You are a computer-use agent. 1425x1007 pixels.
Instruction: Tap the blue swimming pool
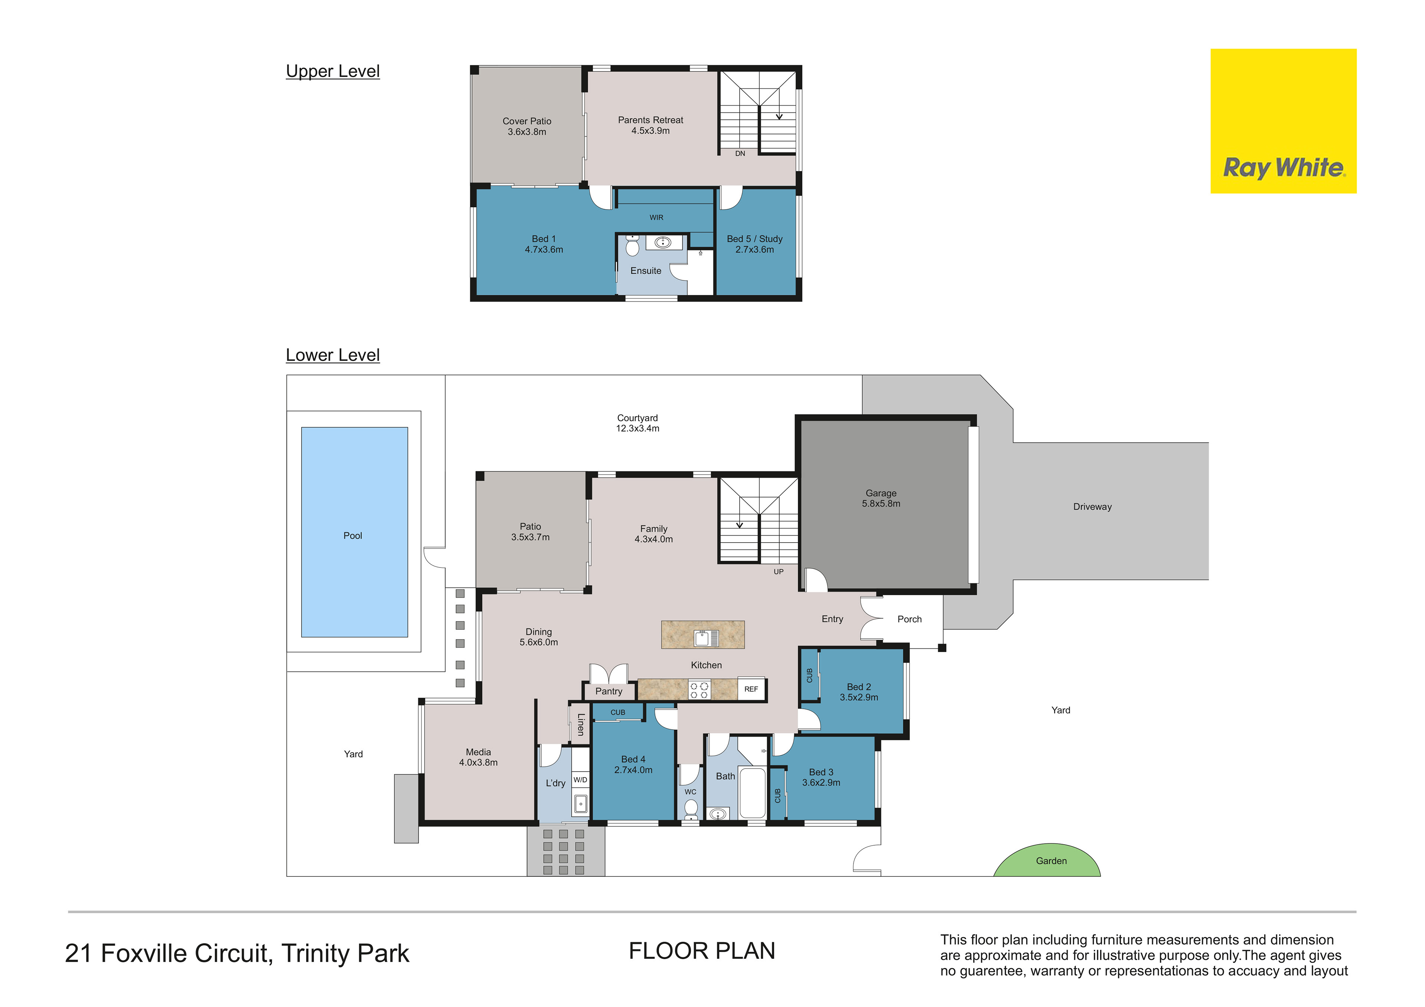[354, 532]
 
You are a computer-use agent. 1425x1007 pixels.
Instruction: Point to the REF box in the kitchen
[751, 689]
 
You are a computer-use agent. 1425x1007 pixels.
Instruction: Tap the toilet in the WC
[691, 809]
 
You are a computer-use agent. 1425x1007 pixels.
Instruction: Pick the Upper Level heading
[332, 71]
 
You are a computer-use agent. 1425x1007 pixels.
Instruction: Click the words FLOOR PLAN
[702, 951]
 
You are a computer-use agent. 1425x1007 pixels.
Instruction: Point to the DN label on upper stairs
[740, 153]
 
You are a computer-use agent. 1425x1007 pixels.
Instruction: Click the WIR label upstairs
[656, 217]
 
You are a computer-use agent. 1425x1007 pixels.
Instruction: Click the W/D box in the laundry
[580, 780]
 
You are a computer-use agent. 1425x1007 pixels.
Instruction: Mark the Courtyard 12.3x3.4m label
[638, 423]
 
